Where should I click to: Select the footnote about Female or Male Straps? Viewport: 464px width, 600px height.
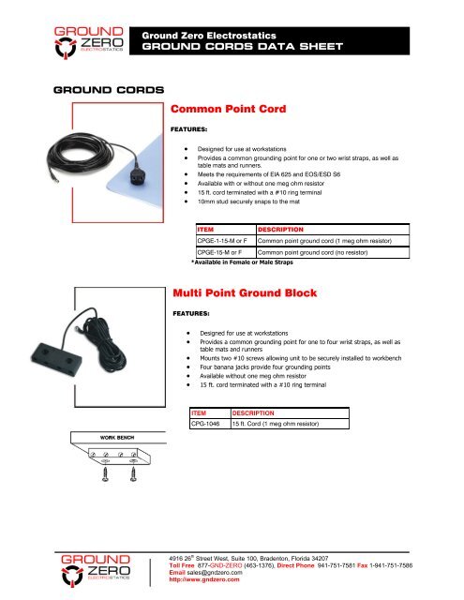[232, 264]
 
